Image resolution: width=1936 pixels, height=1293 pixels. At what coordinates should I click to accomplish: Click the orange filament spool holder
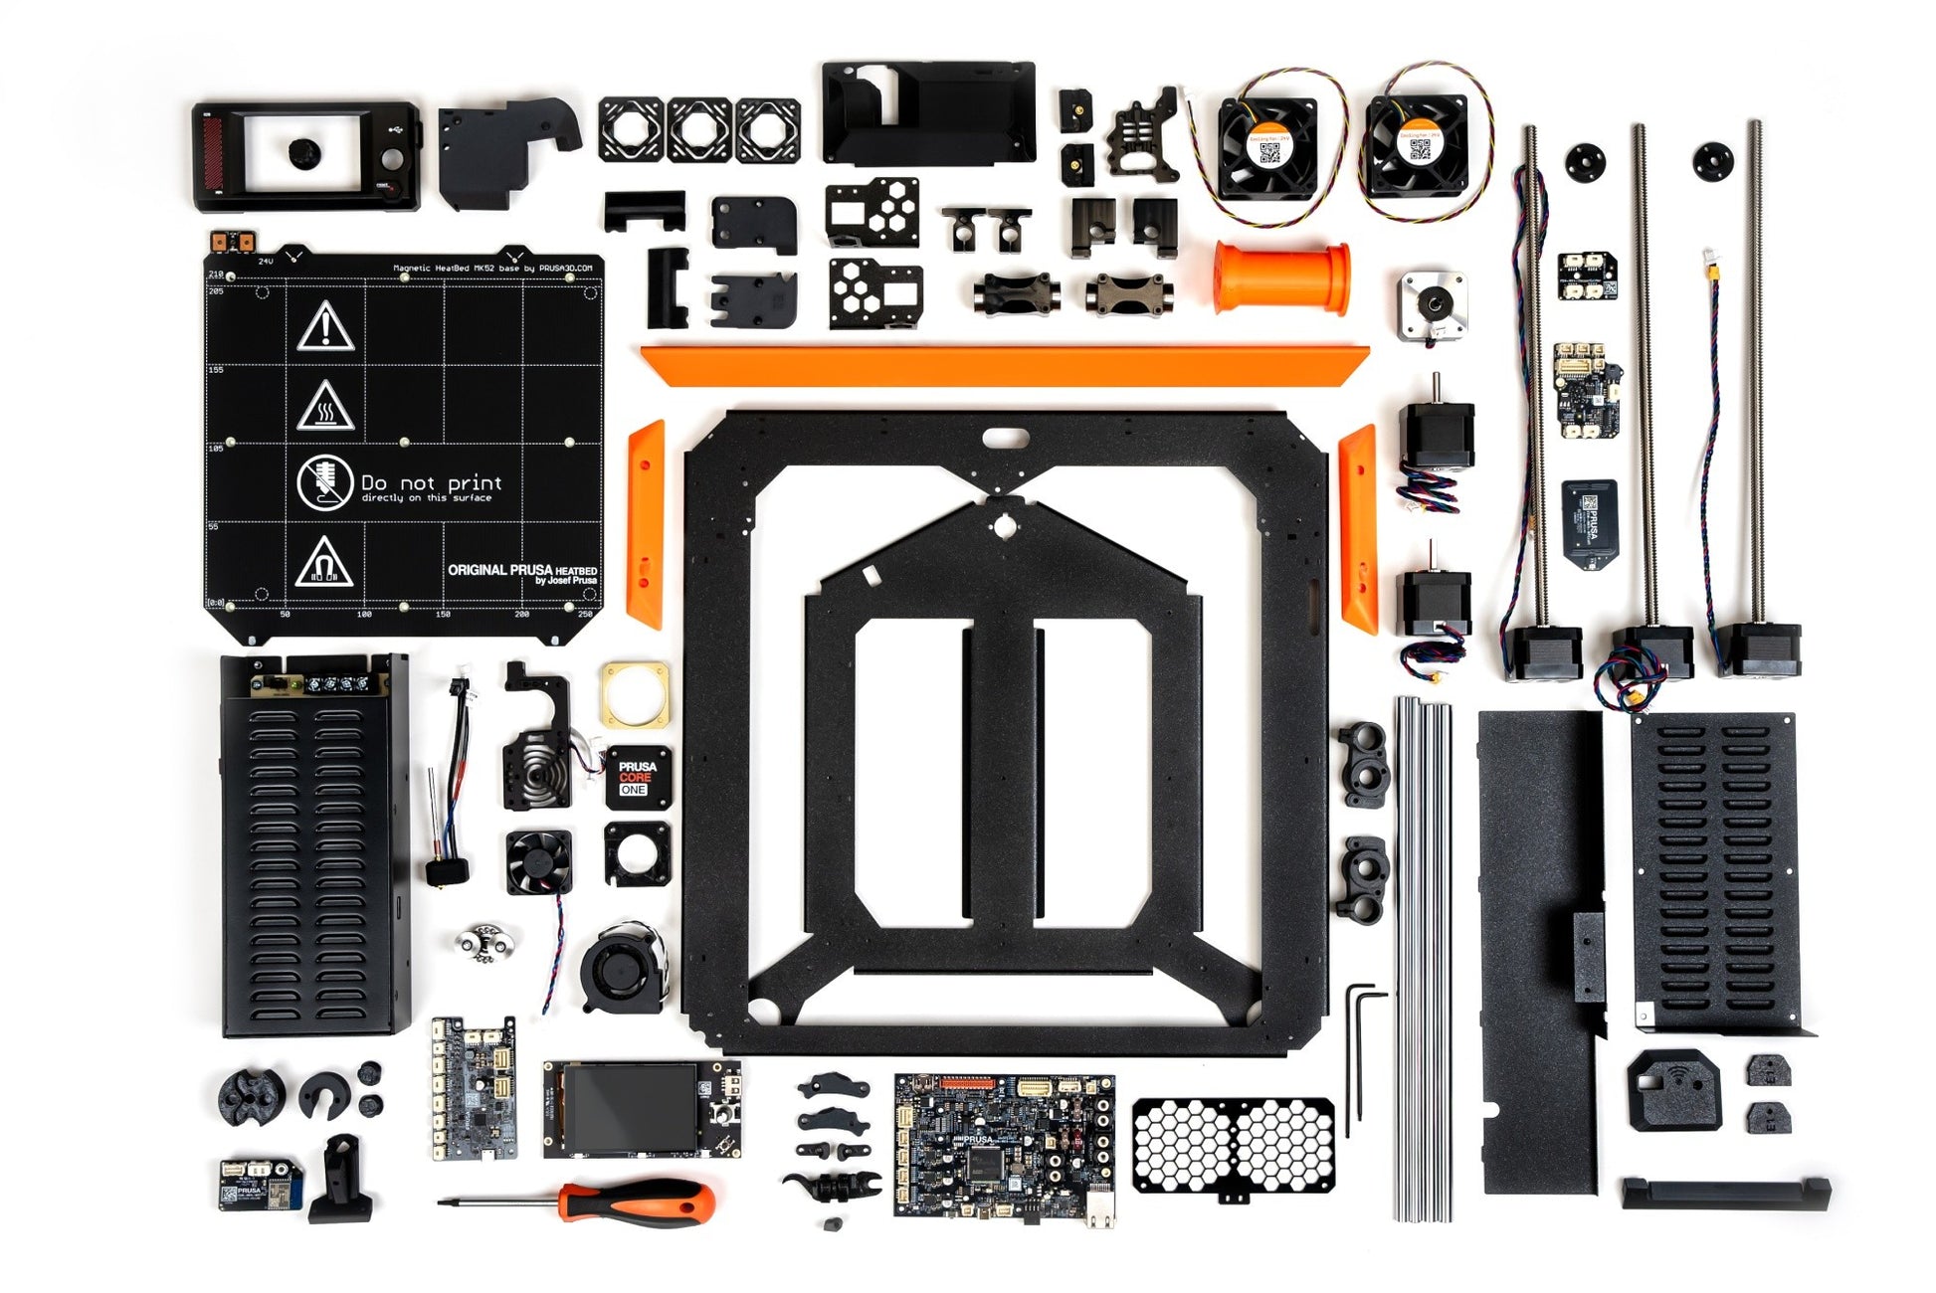click(x=1281, y=277)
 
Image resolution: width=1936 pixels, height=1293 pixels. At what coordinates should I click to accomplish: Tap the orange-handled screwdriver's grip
click(x=647, y=1201)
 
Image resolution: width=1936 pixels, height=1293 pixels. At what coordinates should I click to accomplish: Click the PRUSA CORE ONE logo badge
click(x=637, y=777)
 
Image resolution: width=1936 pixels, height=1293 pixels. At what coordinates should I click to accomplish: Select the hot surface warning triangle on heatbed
click(x=324, y=406)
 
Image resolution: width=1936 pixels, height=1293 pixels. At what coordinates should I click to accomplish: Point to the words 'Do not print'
click(x=431, y=482)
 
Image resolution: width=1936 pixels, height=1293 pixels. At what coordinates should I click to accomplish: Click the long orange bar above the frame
click(x=1004, y=364)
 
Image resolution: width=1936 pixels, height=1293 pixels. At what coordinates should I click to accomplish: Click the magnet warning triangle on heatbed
click(x=323, y=563)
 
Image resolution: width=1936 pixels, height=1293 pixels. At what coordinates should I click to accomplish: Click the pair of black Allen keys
click(x=1360, y=1054)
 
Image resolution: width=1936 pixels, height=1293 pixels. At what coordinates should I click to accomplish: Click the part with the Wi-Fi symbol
click(x=1673, y=1090)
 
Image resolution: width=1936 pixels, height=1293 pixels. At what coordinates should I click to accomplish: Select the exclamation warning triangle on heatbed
click(x=325, y=327)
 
